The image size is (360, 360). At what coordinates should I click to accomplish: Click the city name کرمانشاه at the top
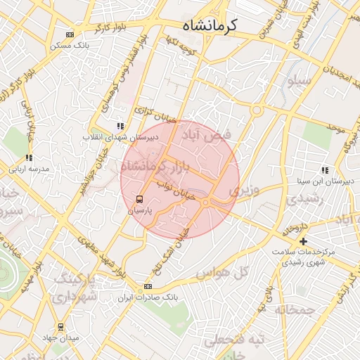tap(210, 25)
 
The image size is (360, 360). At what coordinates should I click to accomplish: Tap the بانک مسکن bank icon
tap(69, 34)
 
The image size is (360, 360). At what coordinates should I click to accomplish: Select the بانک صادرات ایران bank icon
tap(148, 286)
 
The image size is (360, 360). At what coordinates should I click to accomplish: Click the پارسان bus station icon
tap(139, 199)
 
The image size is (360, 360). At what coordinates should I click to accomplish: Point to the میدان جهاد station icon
tap(60, 326)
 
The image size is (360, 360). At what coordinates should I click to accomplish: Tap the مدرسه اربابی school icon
tap(29, 158)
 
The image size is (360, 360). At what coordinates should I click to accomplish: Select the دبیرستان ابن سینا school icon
tap(325, 169)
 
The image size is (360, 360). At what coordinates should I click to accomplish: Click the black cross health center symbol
tap(303, 241)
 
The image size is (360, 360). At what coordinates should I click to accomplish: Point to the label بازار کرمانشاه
tap(155, 167)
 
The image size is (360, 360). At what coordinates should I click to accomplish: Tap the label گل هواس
tap(232, 272)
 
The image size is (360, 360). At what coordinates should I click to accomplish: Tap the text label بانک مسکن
tap(68, 46)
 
